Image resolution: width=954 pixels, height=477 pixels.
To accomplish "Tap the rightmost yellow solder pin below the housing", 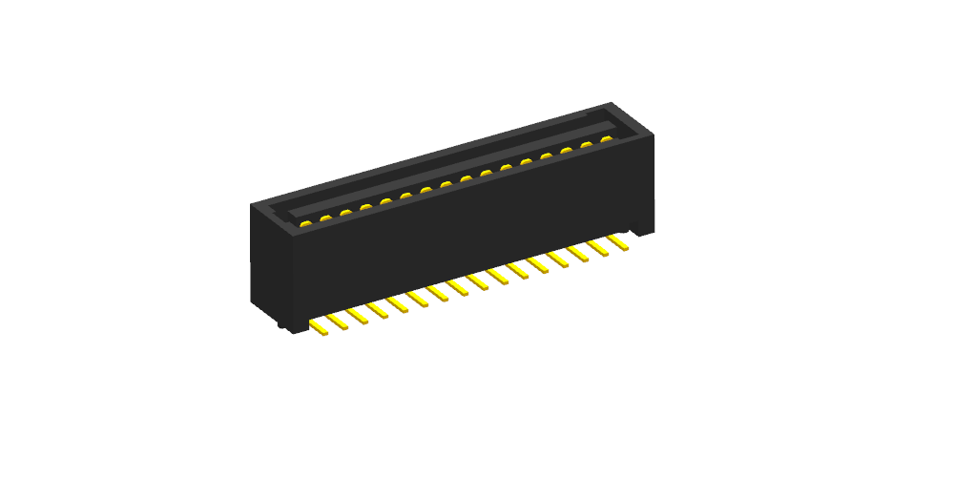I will tap(617, 243).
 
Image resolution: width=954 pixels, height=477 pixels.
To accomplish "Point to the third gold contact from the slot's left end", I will tap(345, 212).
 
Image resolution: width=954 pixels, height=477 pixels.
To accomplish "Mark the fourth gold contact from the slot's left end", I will tap(365, 206).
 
